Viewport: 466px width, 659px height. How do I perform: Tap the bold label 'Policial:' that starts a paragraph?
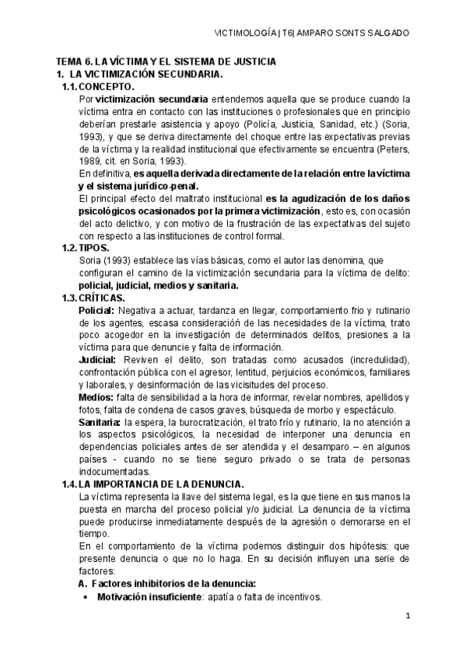click(97, 310)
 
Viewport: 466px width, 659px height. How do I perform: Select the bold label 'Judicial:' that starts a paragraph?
click(98, 360)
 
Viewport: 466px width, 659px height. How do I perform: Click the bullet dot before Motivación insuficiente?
click(85, 597)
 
